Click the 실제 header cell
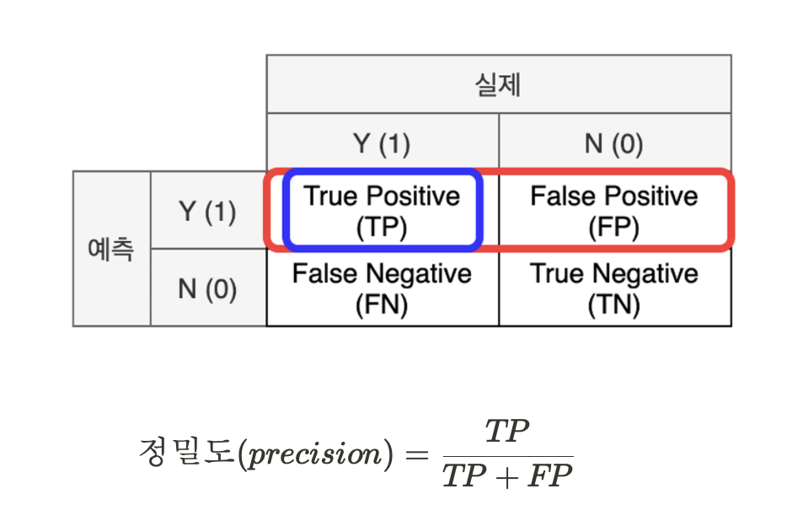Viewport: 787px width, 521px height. (x=498, y=84)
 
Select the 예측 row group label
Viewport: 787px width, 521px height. (x=111, y=250)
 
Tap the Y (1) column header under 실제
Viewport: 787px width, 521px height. (x=382, y=143)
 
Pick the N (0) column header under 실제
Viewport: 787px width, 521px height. (x=614, y=143)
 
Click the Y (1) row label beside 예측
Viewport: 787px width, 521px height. (x=207, y=212)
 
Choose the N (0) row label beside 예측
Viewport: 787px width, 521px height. (x=207, y=289)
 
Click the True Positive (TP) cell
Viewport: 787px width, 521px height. (x=382, y=211)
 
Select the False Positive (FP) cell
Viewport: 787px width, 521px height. (x=614, y=211)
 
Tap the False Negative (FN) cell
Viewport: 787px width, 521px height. (x=382, y=288)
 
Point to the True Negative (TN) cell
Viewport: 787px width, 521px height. (x=614, y=288)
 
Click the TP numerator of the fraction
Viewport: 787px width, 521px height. (x=507, y=432)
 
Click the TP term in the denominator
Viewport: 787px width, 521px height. (x=464, y=476)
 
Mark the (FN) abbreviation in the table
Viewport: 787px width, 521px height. (x=382, y=303)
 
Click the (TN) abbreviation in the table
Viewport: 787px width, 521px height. (x=614, y=303)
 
